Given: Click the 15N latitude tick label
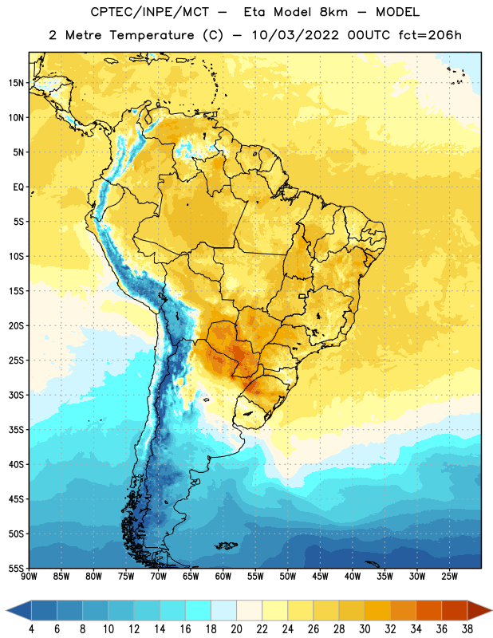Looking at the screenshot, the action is coord(16,83).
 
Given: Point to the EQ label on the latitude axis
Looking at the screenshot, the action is coord(18,187).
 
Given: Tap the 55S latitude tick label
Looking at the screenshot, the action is coord(16,568).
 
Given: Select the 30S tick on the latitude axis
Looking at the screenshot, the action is coord(16,395).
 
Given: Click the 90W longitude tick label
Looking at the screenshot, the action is coord(30,577).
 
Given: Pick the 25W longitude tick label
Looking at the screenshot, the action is coord(449,577).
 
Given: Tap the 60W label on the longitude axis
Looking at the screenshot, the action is coord(223,577).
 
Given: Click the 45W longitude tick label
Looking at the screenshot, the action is coord(320,577).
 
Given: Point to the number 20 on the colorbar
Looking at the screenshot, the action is coord(236,629).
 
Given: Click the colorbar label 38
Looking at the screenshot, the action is coord(467,629).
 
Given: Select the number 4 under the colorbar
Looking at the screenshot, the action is coord(31,629).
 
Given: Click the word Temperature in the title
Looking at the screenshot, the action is coord(152,35).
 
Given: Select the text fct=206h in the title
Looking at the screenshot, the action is coord(430,35).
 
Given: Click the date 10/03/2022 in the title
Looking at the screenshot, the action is coord(294,35).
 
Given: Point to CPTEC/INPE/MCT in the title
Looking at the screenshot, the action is coord(150,12).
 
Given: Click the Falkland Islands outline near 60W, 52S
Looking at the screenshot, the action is coord(227,545).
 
